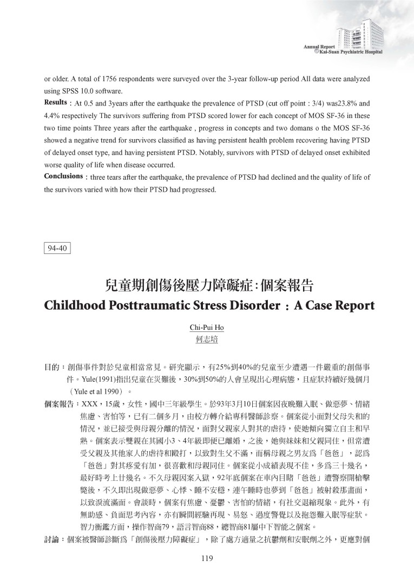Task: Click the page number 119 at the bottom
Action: coord(207,559)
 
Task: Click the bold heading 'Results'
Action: coord(55,102)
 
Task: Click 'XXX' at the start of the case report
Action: coord(88,403)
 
